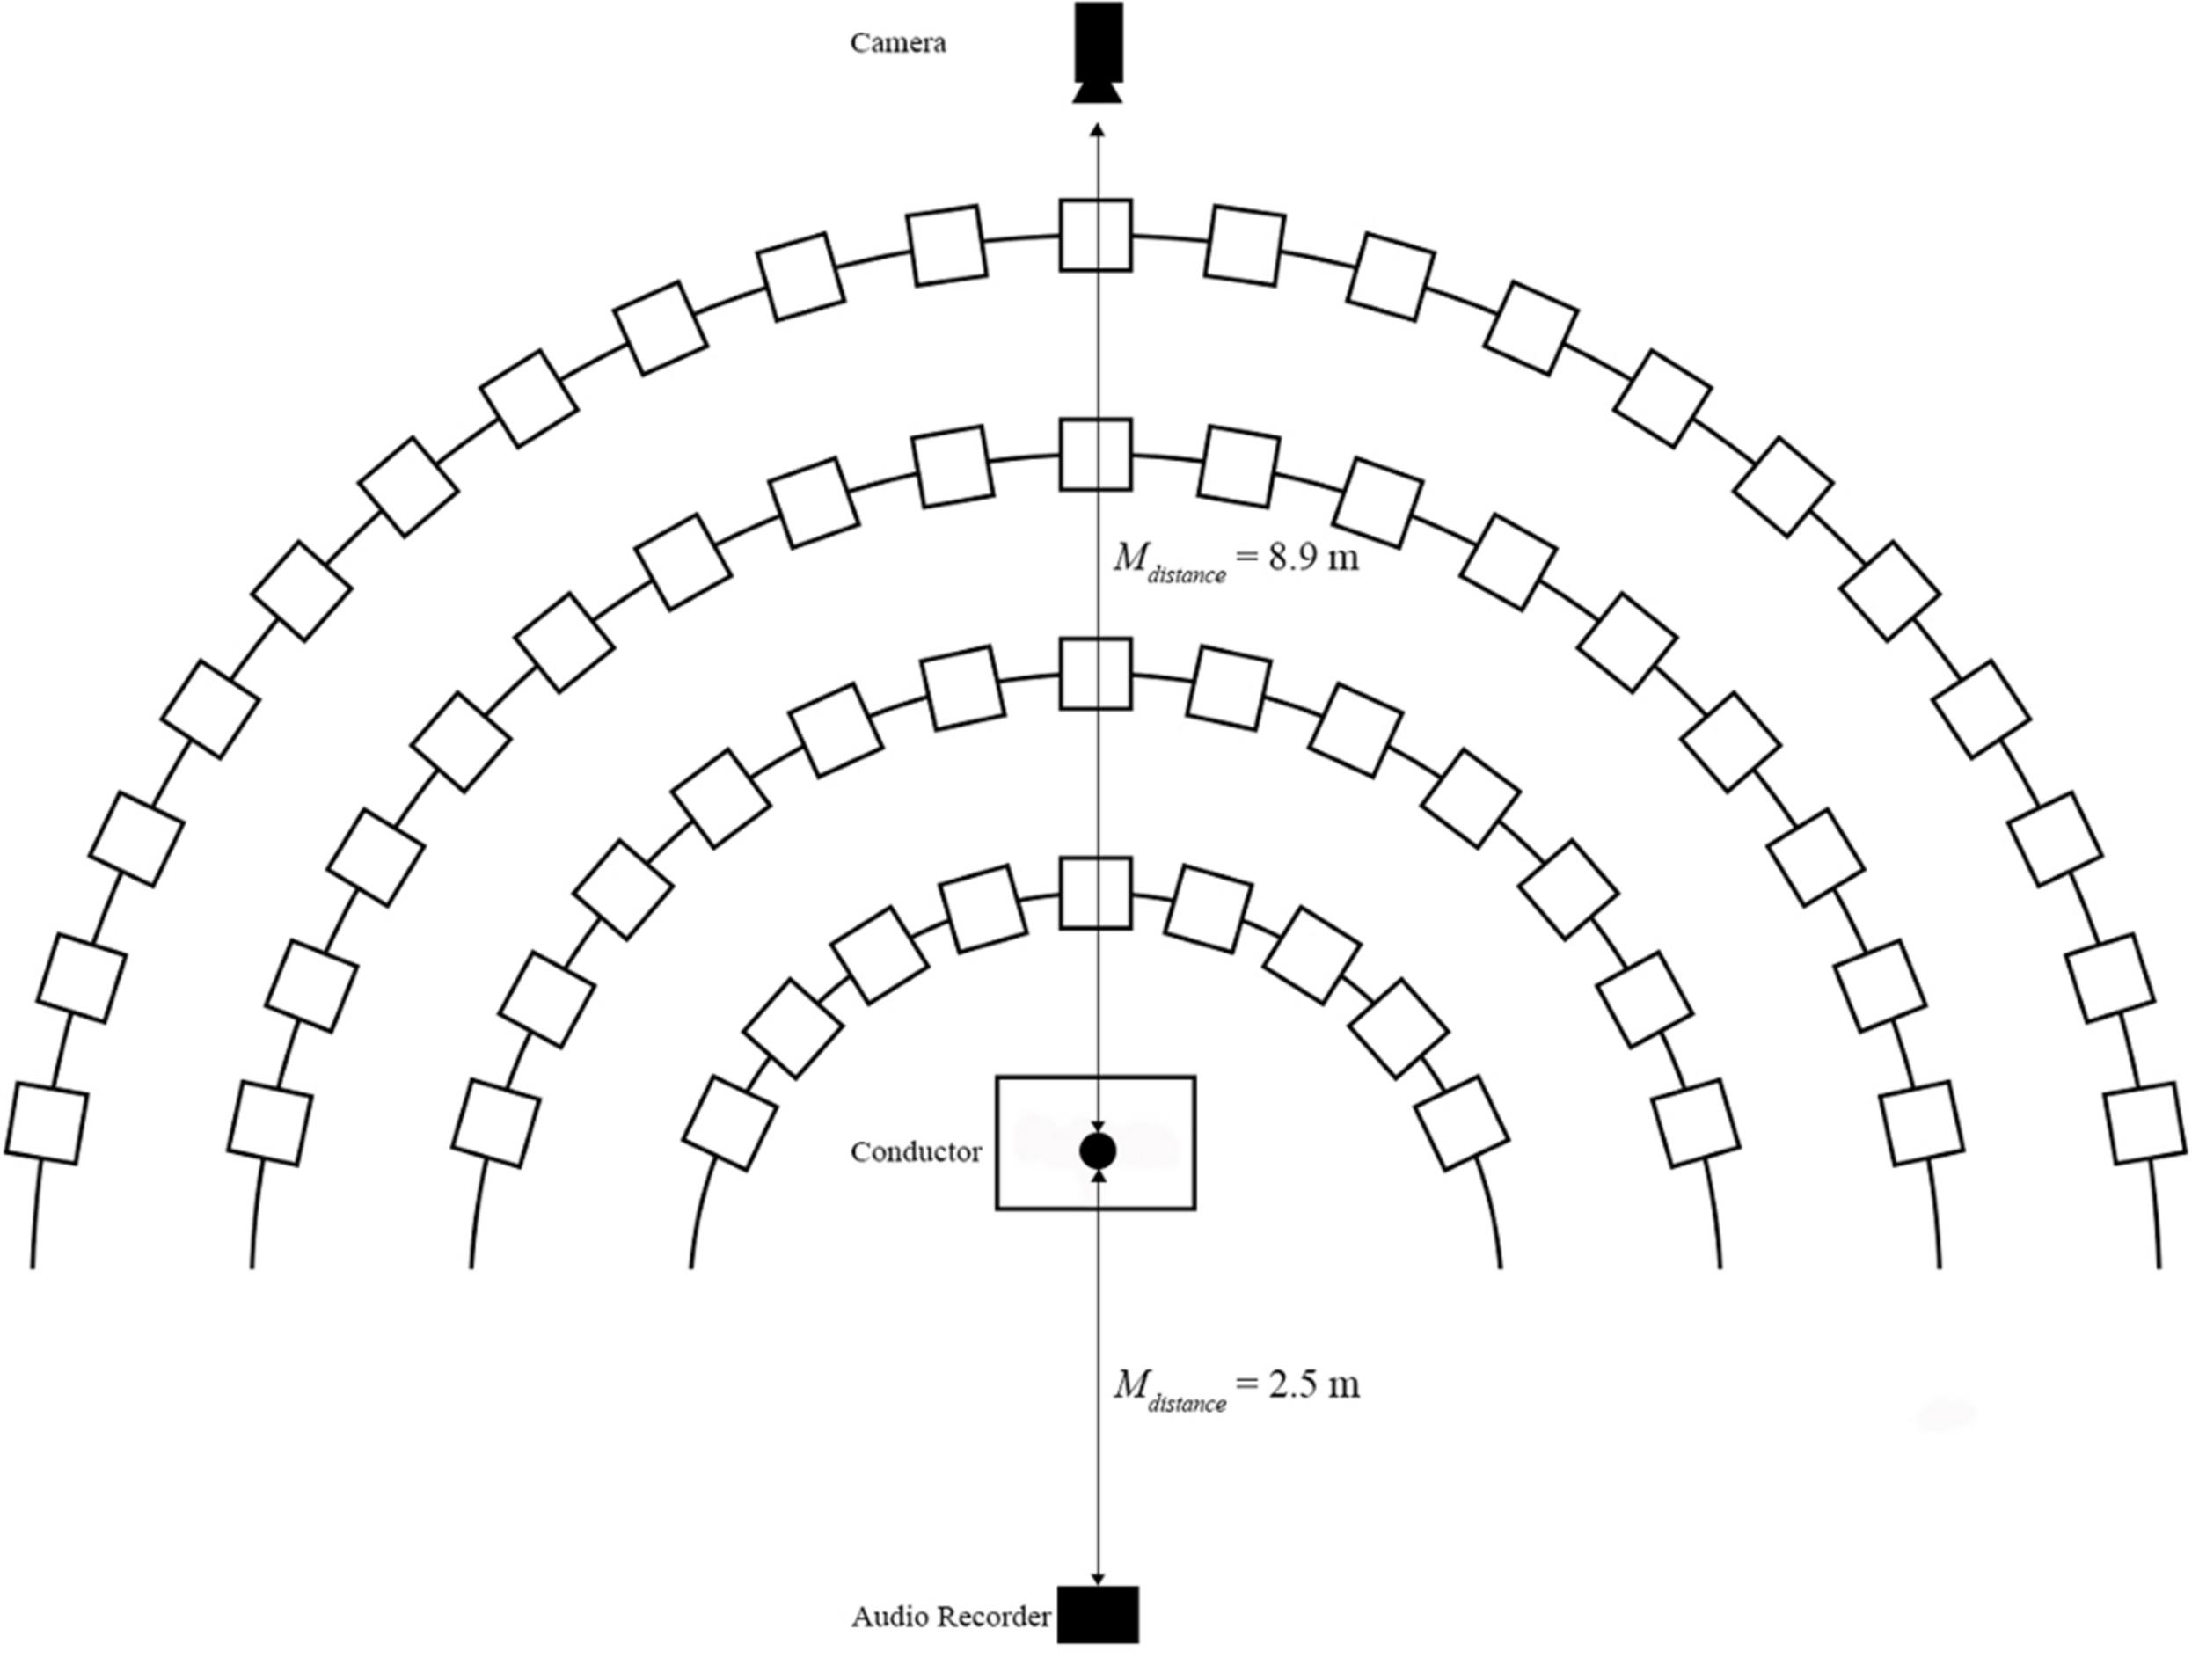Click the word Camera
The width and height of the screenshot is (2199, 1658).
(x=898, y=44)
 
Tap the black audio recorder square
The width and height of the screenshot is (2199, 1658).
(x=1098, y=1615)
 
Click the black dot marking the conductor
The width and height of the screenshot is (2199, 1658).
(x=1098, y=1150)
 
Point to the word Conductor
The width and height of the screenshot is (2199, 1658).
(x=916, y=1152)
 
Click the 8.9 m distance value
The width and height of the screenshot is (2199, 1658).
(x=1312, y=558)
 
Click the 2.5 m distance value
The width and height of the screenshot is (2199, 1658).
(x=1313, y=1384)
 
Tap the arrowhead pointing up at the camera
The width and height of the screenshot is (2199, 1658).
(x=1098, y=130)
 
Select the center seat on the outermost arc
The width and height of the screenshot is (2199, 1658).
(x=1094, y=236)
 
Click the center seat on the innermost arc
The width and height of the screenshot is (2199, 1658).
(x=1094, y=893)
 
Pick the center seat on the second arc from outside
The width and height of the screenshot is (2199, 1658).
(x=1094, y=454)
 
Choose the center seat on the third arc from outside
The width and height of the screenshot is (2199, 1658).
(x=1094, y=674)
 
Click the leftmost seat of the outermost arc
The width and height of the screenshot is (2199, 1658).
(x=46, y=1124)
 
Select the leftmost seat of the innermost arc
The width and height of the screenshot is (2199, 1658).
(x=731, y=1124)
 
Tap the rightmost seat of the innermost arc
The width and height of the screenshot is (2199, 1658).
(x=1461, y=1124)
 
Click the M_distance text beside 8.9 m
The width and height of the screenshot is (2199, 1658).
(x=1169, y=562)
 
